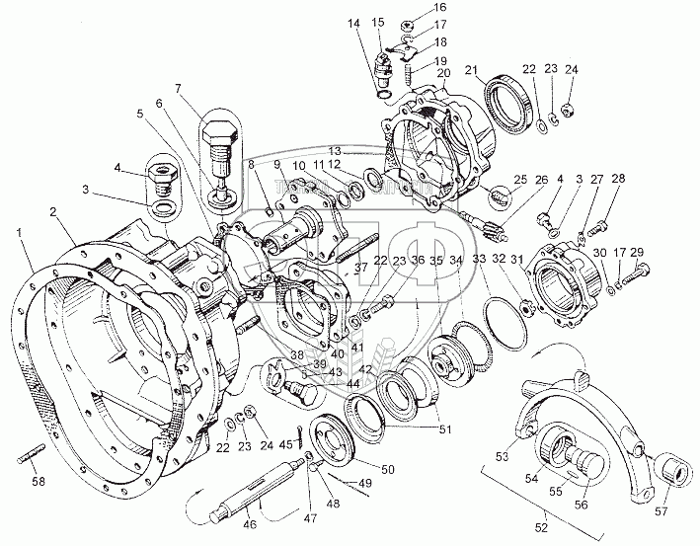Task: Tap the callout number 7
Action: (179, 89)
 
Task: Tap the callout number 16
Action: (413, 7)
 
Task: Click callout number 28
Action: (618, 179)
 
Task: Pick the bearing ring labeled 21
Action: (507, 101)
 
